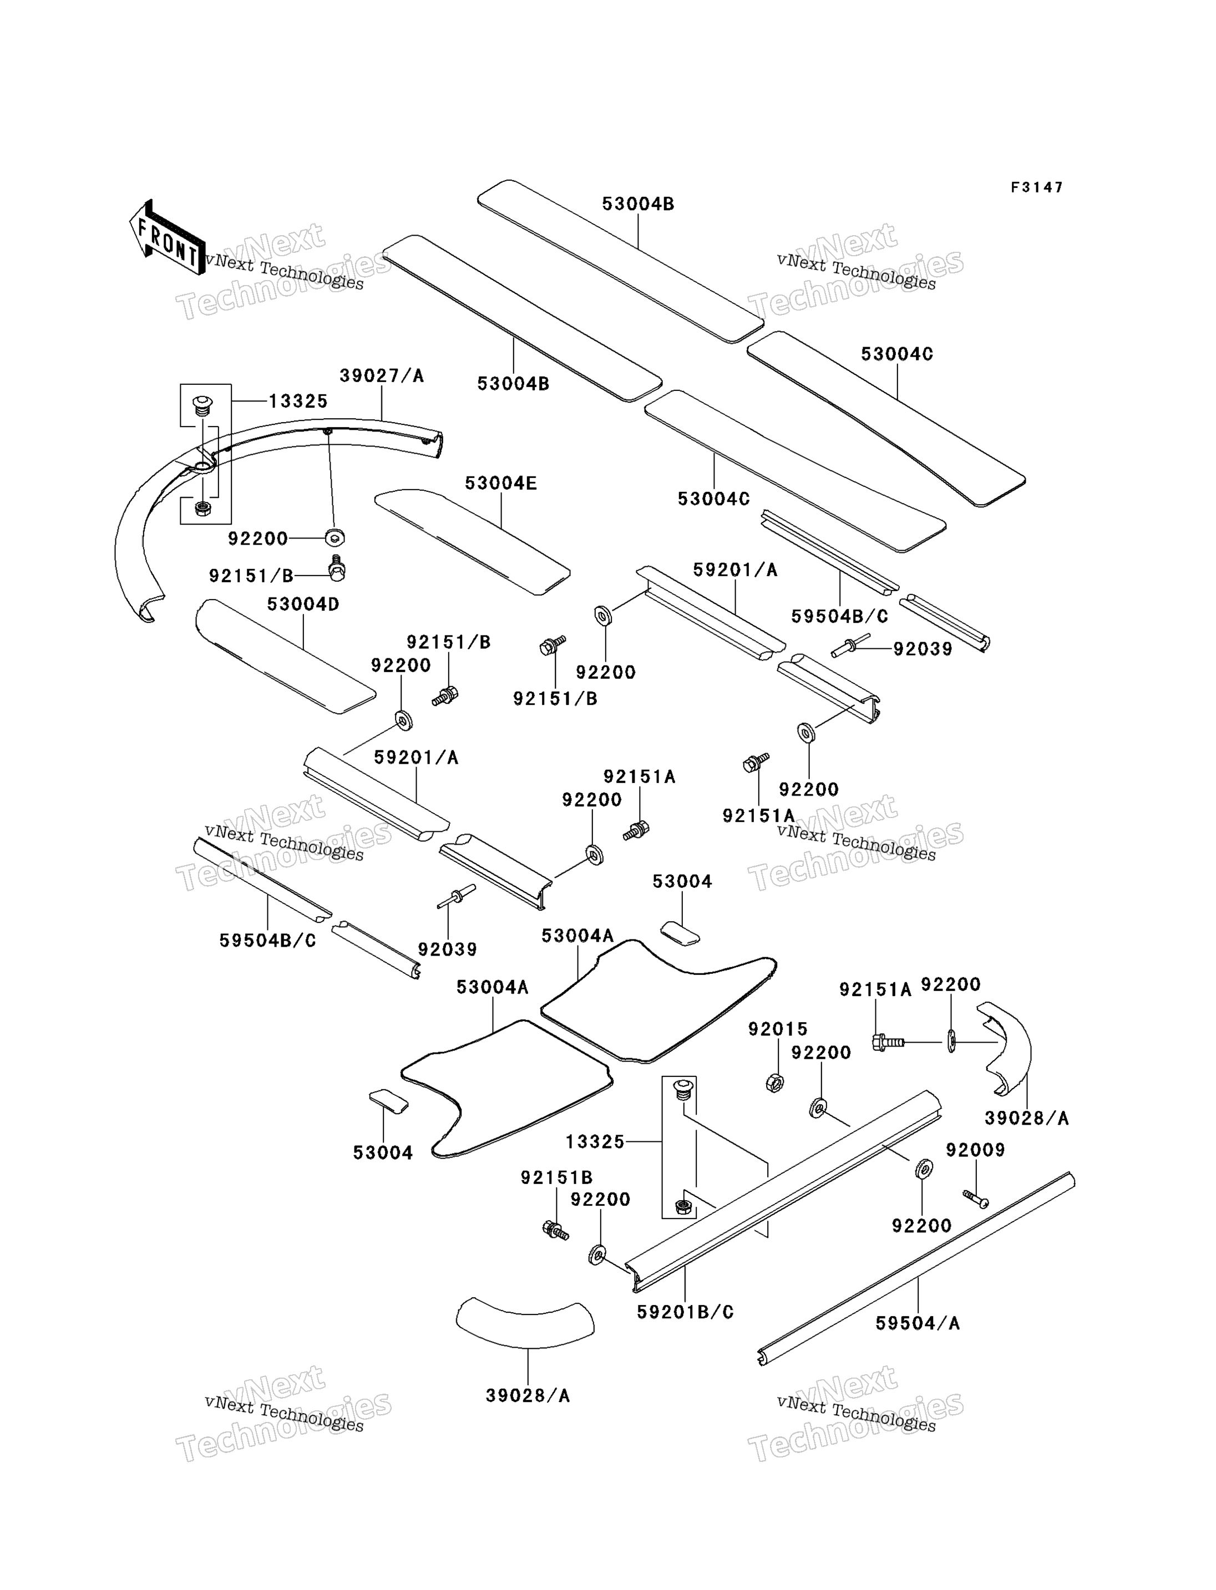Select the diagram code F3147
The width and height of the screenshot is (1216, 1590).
1036,187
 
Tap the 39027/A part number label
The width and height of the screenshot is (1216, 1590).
382,375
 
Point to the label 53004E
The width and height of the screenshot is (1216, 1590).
501,482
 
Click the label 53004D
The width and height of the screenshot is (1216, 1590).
303,603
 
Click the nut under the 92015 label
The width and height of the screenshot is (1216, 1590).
774,1084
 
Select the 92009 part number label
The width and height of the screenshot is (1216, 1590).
975,1149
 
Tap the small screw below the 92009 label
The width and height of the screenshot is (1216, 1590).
976,1199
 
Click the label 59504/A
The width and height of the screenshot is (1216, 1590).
917,1323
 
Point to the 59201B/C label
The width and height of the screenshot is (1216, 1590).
685,1312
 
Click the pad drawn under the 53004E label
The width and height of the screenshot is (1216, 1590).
472,541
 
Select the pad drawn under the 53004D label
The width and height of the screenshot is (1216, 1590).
285,657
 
